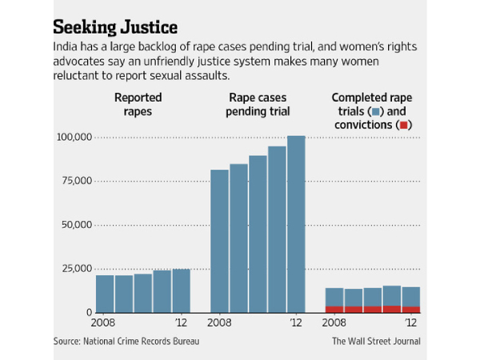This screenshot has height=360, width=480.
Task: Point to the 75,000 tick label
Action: [x=72, y=181]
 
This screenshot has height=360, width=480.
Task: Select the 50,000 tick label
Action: [x=72, y=225]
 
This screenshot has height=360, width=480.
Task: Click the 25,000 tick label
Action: [x=72, y=268]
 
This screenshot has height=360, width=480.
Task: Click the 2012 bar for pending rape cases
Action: [x=296, y=224]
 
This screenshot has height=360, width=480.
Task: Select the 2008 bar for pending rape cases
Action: [x=219, y=240]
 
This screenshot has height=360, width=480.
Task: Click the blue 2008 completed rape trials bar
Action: [x=334, y=297]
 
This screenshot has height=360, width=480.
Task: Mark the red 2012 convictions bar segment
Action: [x=410, y=309]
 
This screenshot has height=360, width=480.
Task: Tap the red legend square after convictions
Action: [x=405, y=125]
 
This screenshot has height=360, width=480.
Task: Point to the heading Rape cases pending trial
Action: [x=258, y=103]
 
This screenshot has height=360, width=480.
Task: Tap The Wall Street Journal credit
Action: [x=376, y=342]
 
